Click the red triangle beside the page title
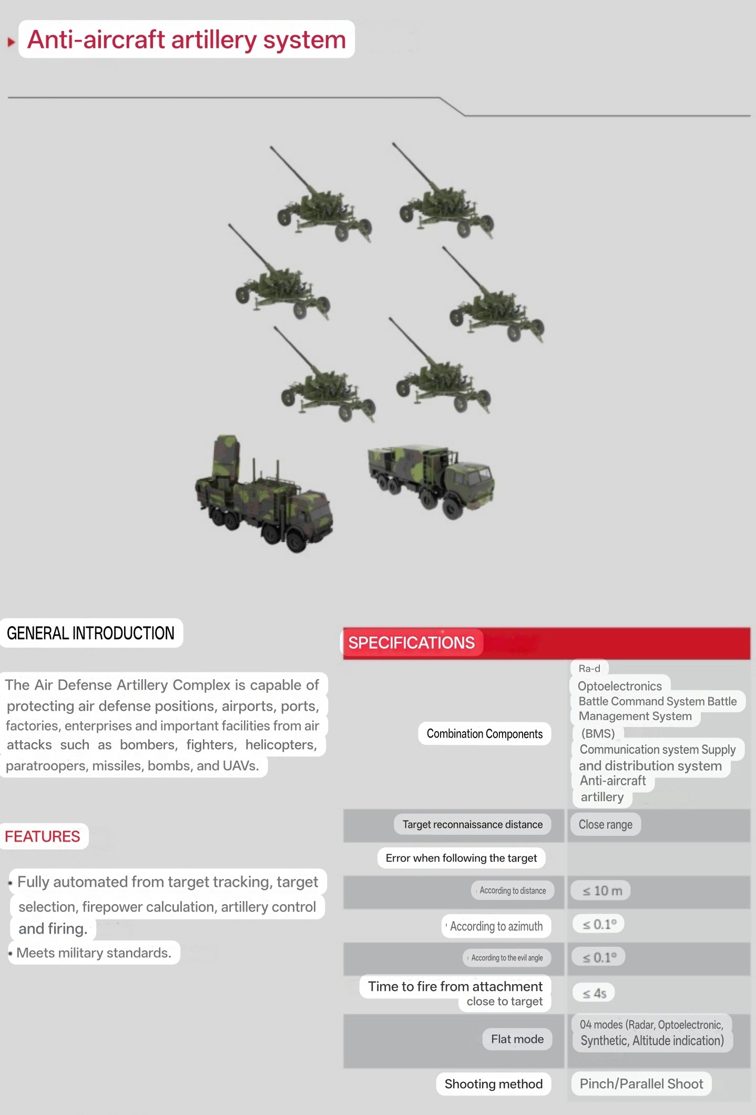(x=11, y=42)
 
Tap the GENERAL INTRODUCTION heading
(x=90, y=633)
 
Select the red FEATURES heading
(x=43, y=836)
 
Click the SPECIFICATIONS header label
(x=412, y=642)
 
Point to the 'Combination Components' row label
(x=485, y=734)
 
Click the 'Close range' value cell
(x=606, y=824)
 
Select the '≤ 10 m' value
(x=602, y=891)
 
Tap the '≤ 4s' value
(x=594, y=993)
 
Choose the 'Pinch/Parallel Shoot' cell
(x=641, y=1083)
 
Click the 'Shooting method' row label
(x=494, y=1084)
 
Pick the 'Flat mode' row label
(x=517, y=1039)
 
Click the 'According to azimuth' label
(x=496, y=926)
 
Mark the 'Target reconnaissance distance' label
(x=473, y=824)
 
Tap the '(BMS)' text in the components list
(x=598, y=733)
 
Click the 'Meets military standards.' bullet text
(x=94, y=953)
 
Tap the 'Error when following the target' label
(x=461, y=858)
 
